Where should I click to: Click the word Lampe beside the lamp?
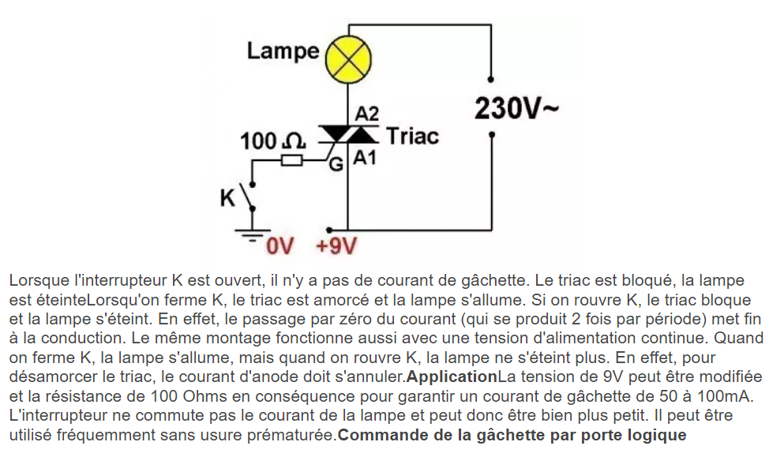tap(283, 51)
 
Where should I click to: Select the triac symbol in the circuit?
tap(348, 136)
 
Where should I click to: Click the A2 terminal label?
tap(367, 114)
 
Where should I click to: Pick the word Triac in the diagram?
tap(412, 136)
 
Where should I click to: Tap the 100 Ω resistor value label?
tap(272, 142)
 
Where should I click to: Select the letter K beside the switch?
tap(228, 198)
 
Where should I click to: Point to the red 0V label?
tap(279, 246)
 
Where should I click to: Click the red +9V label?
tap(336, 246)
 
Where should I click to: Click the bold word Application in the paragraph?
tap(452, 376)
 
